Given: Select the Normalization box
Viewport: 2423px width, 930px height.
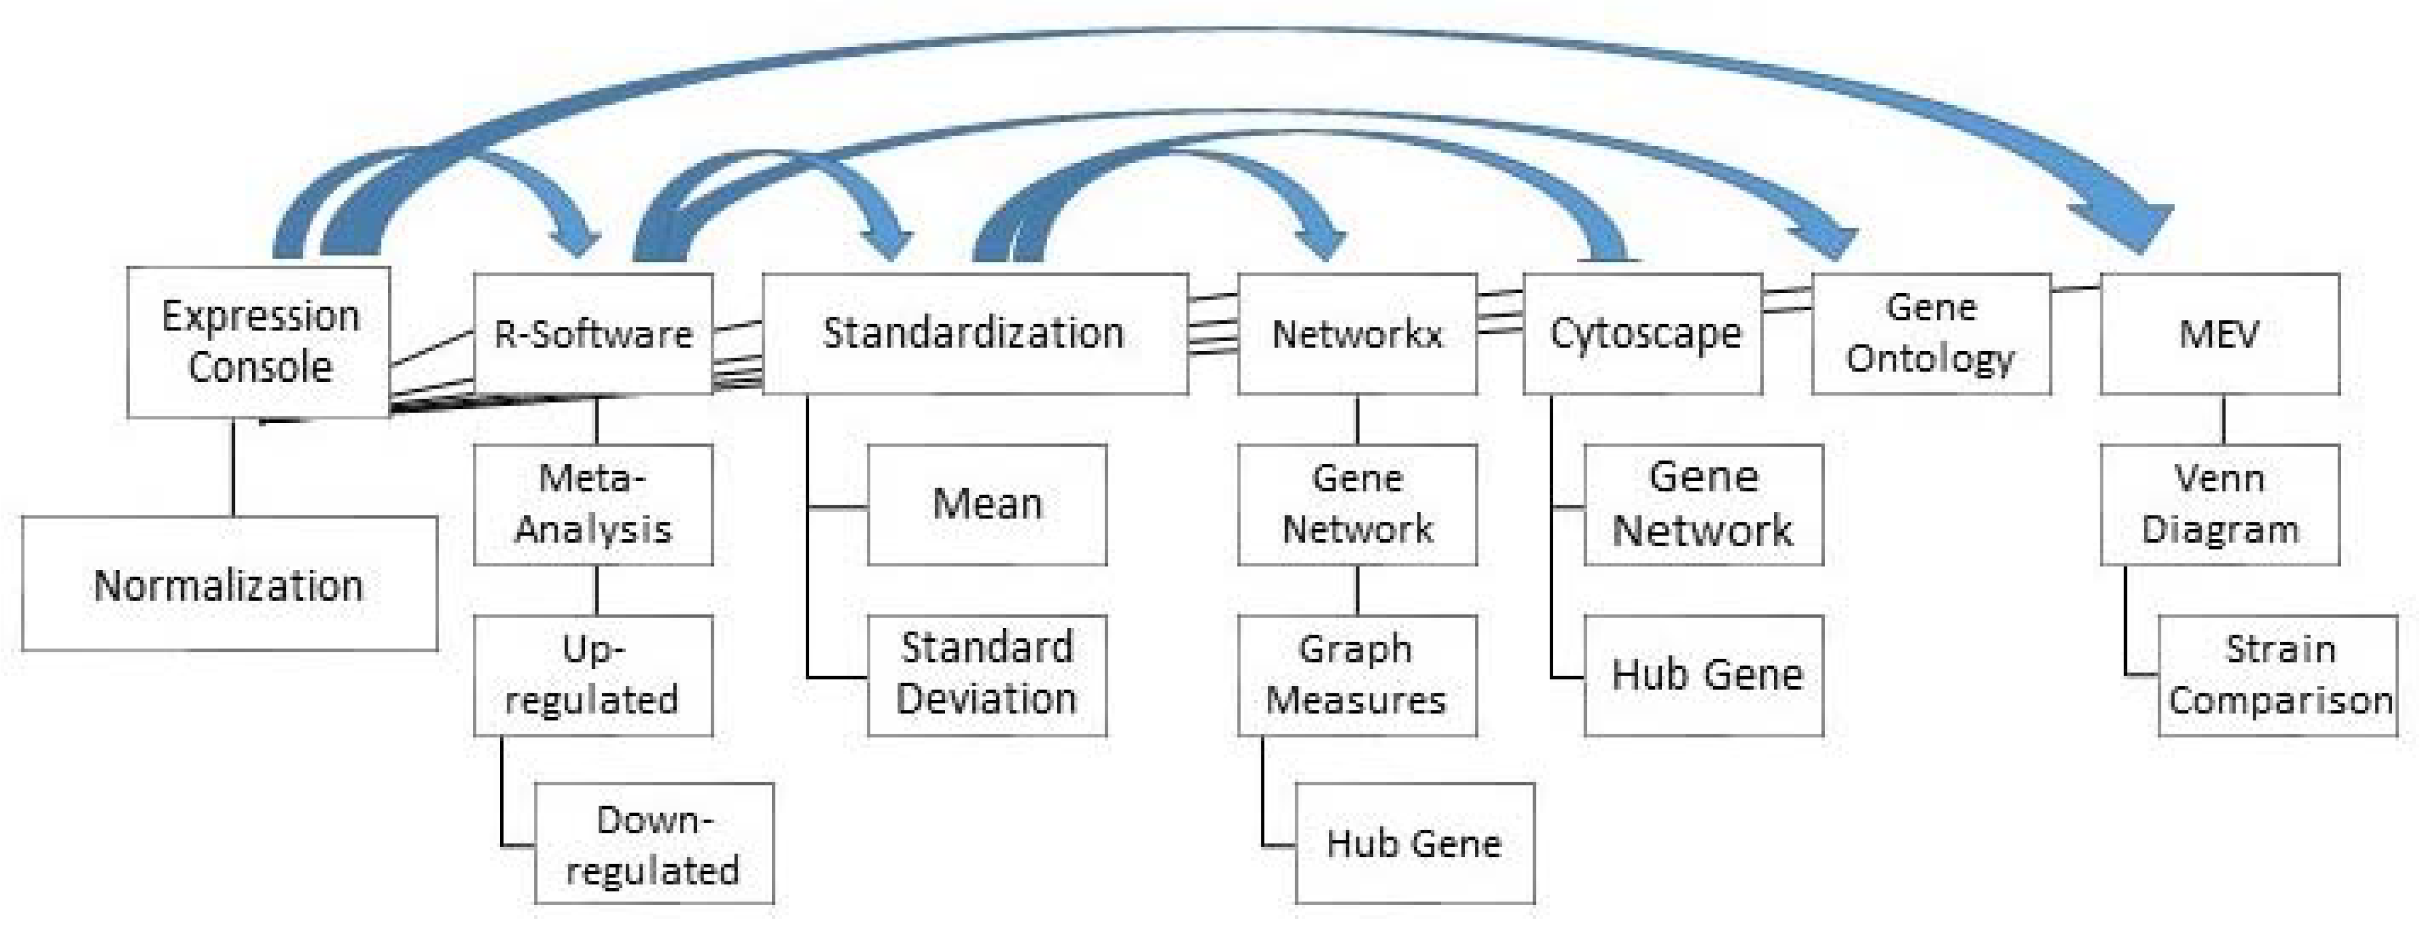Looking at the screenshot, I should pos(230,584).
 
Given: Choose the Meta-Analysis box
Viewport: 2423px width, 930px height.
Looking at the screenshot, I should pos(593,504).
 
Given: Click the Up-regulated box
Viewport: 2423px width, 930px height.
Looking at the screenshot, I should pos(593,674).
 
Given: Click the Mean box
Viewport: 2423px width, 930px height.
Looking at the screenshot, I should pos(987,504).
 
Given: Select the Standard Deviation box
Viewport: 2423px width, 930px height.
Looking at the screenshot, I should pos(987,674).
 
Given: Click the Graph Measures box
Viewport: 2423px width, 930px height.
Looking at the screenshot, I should pos(1356,674).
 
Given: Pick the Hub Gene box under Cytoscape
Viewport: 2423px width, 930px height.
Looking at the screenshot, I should pos(1703,674).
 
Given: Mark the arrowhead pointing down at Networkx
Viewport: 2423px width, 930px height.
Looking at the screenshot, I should pos(1321,240).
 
